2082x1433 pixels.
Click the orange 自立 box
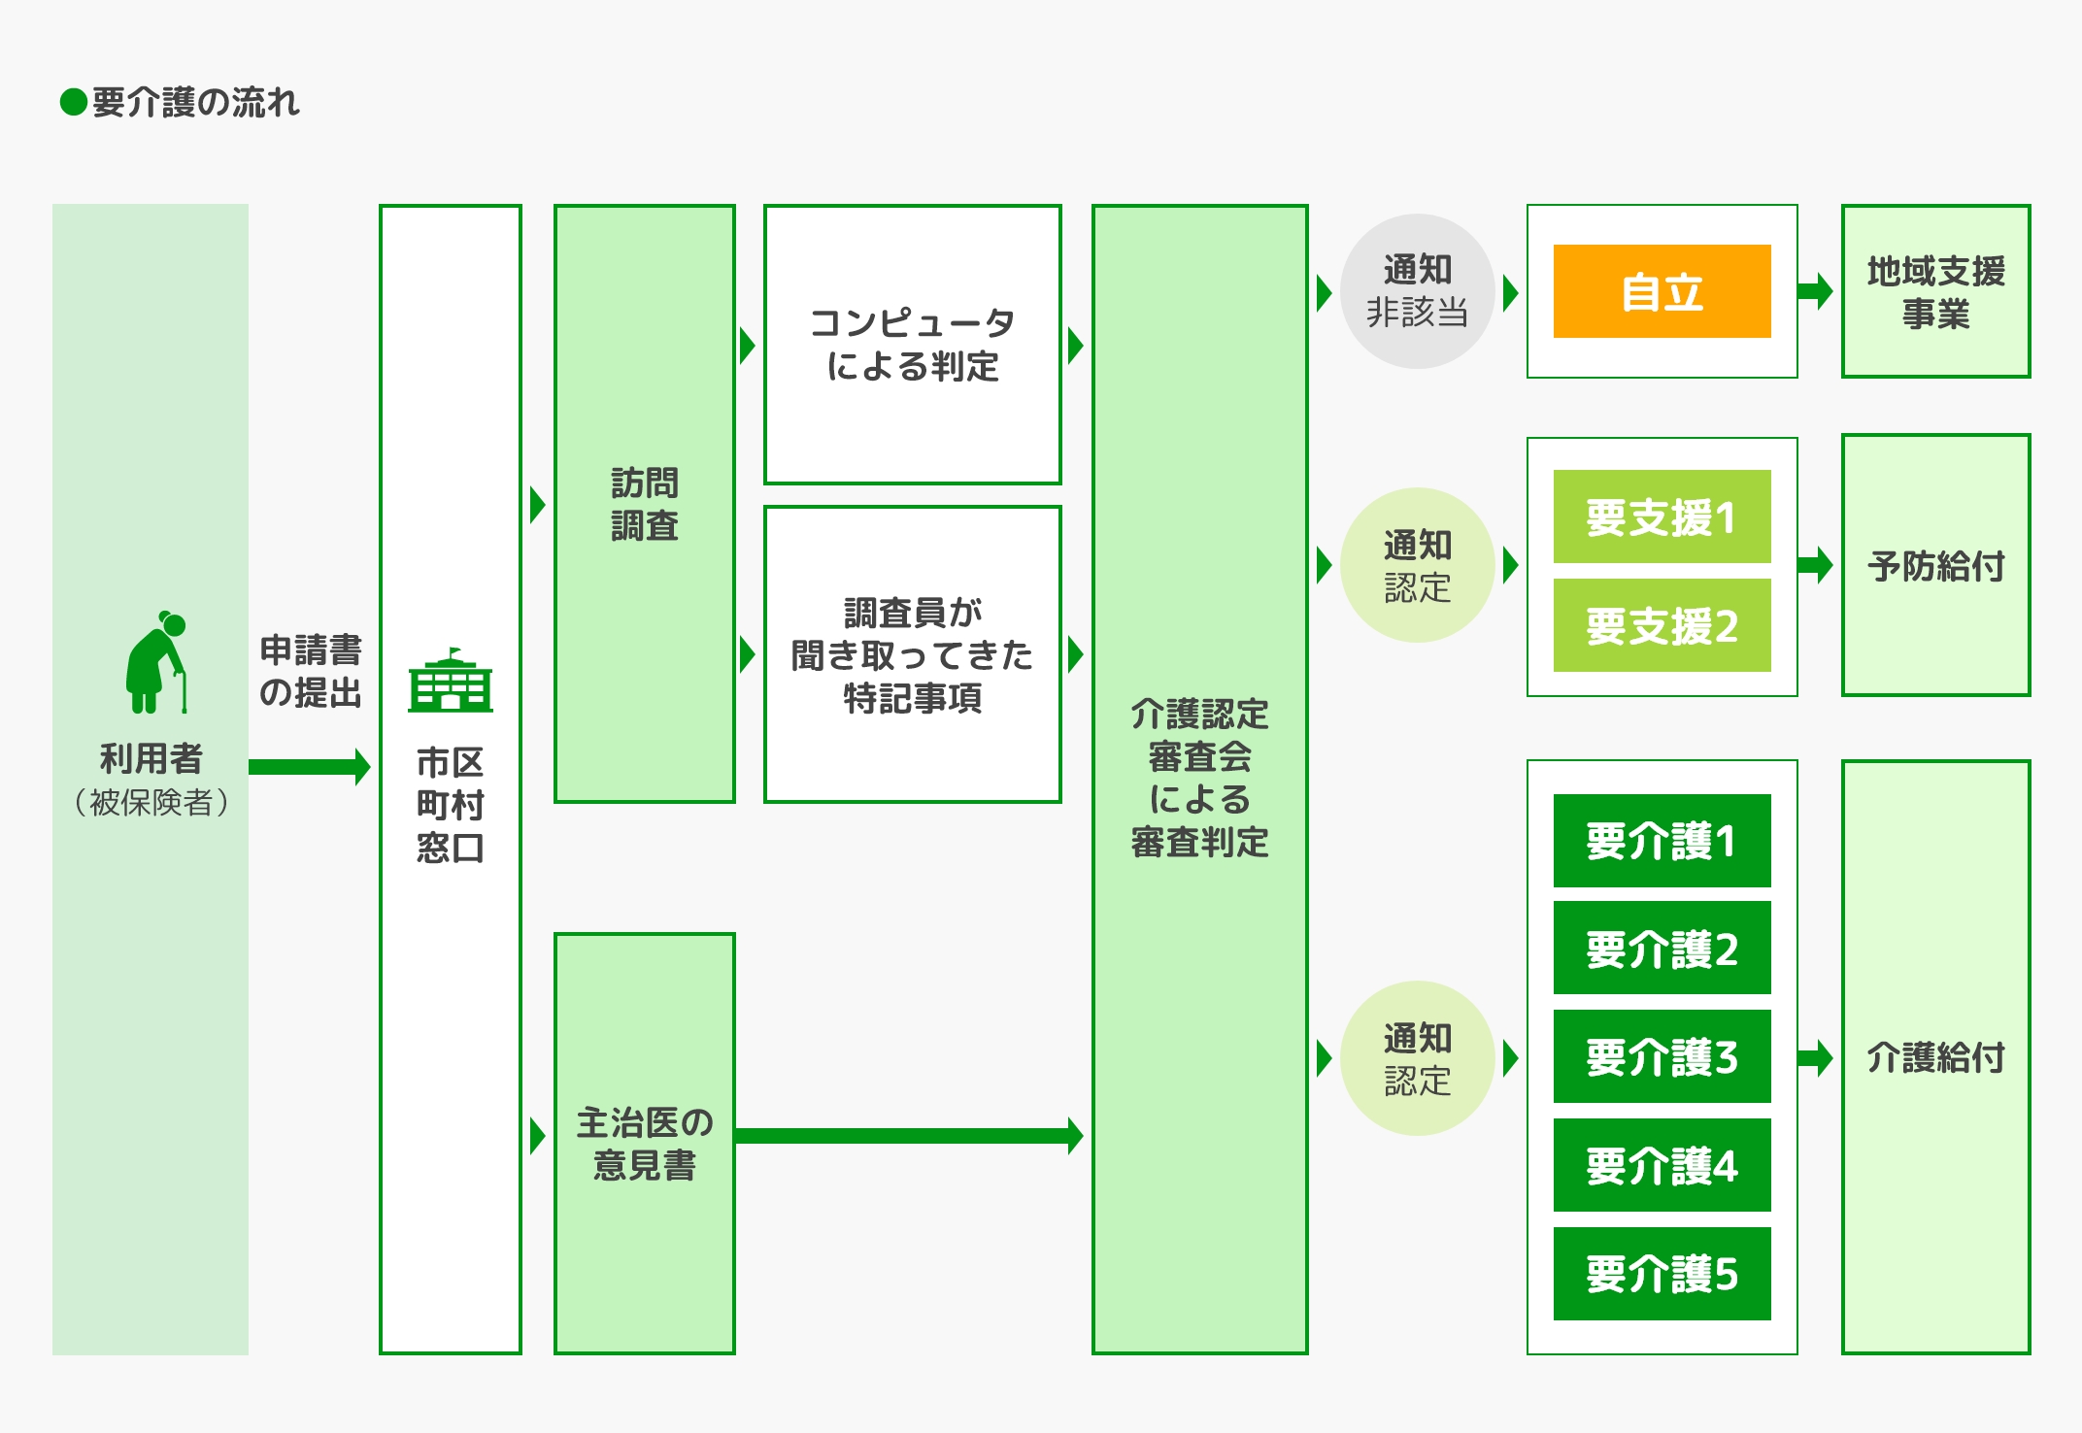[x=1662, y=291]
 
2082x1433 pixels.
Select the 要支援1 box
[x=1662, y=517]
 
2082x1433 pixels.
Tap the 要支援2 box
[x=1662, y=625]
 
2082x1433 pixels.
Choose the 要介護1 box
[x=1662, y=841]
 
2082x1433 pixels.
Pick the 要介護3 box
[x=1662, y=1056]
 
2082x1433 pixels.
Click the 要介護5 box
[x=1662, y=1274]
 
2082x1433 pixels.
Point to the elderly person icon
[x=155, y=662]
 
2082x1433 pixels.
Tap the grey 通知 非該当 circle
[x=1417, y=291]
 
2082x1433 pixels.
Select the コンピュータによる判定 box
[x=912, y=345]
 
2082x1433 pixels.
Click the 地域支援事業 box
[x=1935, y=291]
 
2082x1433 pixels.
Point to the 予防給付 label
[x=1935, y=566]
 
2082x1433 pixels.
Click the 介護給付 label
[x=1935, y=1057]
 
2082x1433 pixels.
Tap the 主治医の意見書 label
[x=644, y=1144]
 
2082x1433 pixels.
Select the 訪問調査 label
[x=644, y=504]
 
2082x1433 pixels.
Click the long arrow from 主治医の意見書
[x=908, y=1135]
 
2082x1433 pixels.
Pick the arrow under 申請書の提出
[x=309, y=767]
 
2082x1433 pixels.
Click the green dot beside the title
[x=74, y=102]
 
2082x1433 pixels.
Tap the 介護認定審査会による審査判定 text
[x=1199, y=778]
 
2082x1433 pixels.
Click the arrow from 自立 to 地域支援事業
[x=1814, y=290]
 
